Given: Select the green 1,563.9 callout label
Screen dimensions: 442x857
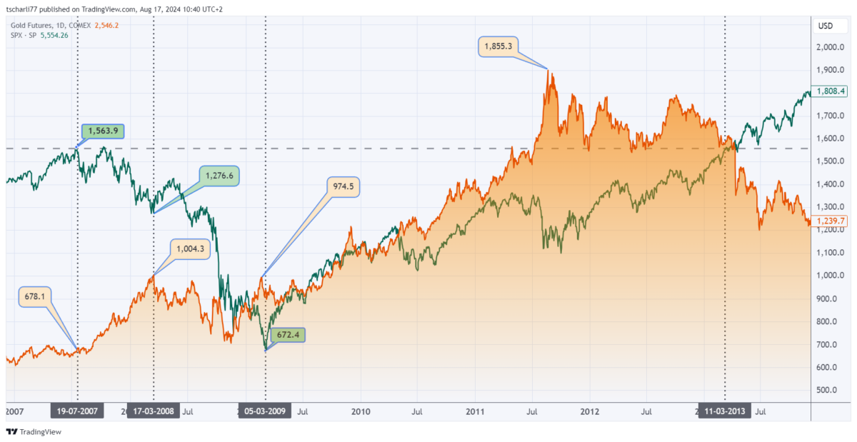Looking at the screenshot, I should pyautogui.click(x=104, y=131).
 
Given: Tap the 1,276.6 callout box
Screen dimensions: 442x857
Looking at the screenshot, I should pyautogui.click(x=219, y=175).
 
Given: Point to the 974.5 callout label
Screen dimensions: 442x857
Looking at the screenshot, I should pyautogui.click(x=343, y=187).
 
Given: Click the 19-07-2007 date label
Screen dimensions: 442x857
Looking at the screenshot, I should pyautogui.click(x=78, y=411).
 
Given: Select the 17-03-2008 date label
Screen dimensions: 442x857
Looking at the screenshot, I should pyautogui.click(x=154, y=411).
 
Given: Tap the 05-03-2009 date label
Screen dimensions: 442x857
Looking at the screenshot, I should pyautogui.click(x=266, y=411).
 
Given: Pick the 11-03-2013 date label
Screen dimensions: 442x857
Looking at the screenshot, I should pyautogui.click(x=724, y=411).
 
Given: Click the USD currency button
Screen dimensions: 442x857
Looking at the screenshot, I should pyautogui.click(x=825, y=26).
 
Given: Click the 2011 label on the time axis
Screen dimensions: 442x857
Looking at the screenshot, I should pyautogui.click(x=475, y=411).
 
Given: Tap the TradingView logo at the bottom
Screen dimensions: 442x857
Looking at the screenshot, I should pyautogui.click(x=34, y=432).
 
